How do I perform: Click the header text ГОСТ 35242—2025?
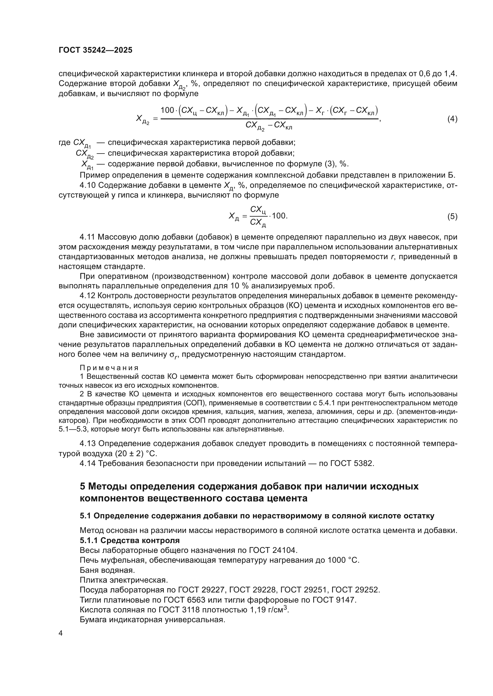95,50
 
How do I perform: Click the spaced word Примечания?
109,368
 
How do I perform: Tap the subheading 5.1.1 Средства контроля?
130,540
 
